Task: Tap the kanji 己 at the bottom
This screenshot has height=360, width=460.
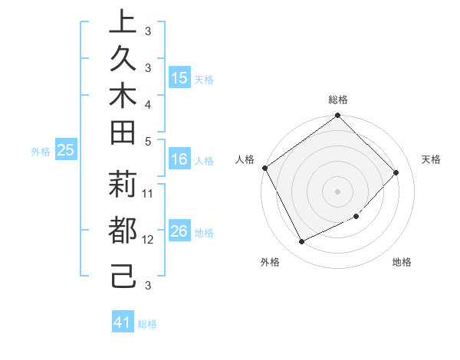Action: click(123, 277)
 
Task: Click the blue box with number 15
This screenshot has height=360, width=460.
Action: click(179, 78)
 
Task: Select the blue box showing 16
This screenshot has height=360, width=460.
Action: click(179, 160)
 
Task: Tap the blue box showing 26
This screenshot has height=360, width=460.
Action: click(179, 232)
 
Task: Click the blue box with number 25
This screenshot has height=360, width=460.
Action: click(65, 151)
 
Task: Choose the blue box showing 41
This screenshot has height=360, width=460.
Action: click(123, 322)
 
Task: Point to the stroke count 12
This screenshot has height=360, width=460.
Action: click(149, 240)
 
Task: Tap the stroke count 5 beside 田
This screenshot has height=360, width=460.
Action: click(148, 140)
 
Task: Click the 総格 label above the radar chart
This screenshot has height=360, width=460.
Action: click(338, 100)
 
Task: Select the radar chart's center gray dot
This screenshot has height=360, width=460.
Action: click(338, 191)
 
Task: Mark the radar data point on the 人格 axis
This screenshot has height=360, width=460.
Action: click(265, 168)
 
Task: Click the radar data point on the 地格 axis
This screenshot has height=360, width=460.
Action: click(356, 217)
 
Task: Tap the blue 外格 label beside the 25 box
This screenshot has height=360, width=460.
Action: click(41, 152)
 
